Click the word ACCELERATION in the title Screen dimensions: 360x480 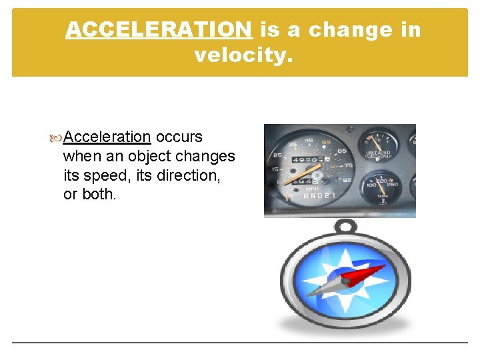point(159,29)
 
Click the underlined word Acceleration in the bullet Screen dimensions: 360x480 point(108,137)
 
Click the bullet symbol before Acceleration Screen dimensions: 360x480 point(57,137)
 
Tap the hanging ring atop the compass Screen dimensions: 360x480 point(345,228)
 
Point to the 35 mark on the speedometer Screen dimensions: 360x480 point(292,144)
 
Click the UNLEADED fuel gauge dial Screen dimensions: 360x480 point(379,146)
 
